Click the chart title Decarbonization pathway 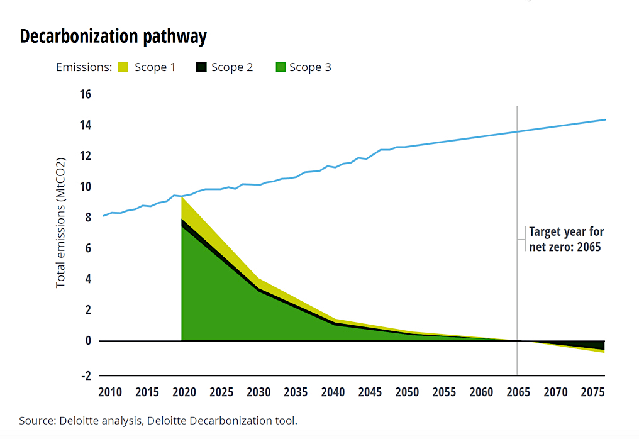coord(113,36)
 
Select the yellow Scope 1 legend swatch coord(123,67)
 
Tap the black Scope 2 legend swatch coord(201,67)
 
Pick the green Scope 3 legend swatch coord(279,67)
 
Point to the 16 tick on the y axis coord(85,94)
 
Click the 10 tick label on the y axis coord(85,187)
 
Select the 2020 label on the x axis coord(184,392)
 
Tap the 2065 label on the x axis coord(518,392)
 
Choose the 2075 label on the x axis coord(592,392)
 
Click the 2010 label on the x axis coord(110,392)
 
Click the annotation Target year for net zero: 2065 coord(565,239)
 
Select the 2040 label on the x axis coord(333,392)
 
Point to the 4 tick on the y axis coord(88,279)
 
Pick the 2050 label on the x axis coord(407,392)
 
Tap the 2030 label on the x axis coord(258,392)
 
